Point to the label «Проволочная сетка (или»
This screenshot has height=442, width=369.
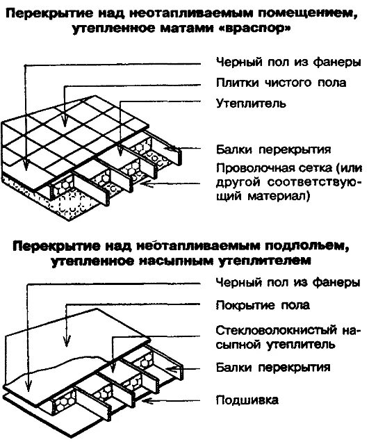pyautogui.click(x=288, y=167)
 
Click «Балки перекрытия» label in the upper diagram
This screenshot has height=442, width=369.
pyautogui.click(x=273, y=149)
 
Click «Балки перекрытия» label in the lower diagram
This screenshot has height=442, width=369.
pyautogui.click(x=273, y=366)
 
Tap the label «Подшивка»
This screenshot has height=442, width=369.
pyautogui.click(x=248, y=400)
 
